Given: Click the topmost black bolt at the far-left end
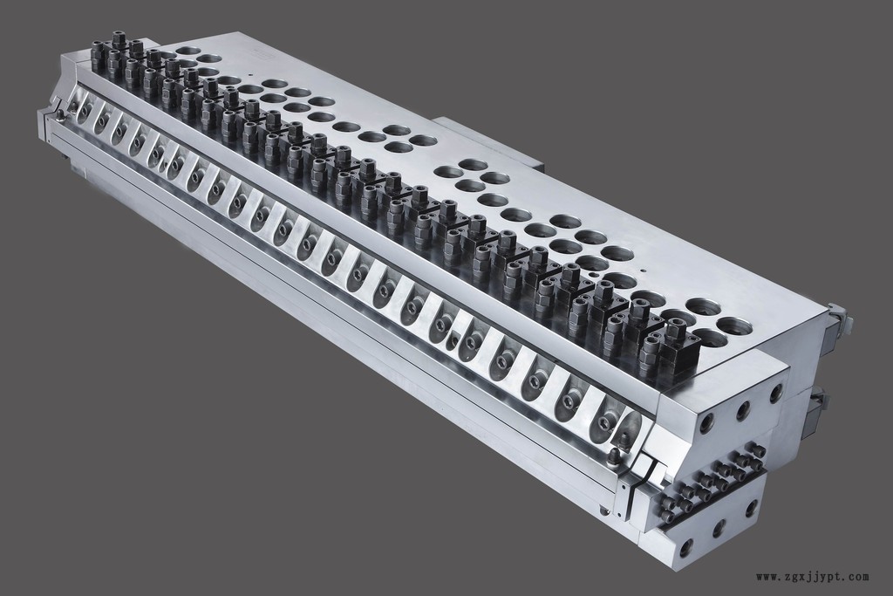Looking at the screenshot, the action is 119,40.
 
